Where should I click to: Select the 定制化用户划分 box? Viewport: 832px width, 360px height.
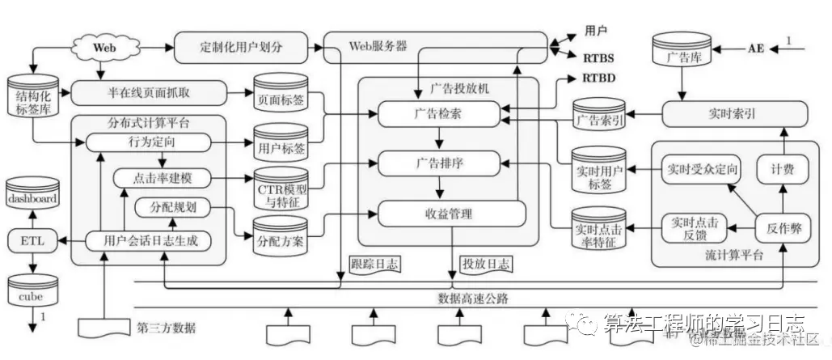242,44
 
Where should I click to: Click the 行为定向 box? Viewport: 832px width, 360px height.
146,142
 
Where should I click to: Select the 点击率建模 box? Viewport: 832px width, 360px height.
162,177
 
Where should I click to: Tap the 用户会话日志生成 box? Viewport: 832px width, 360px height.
151,239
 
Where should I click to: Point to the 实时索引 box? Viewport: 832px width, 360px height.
735,114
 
